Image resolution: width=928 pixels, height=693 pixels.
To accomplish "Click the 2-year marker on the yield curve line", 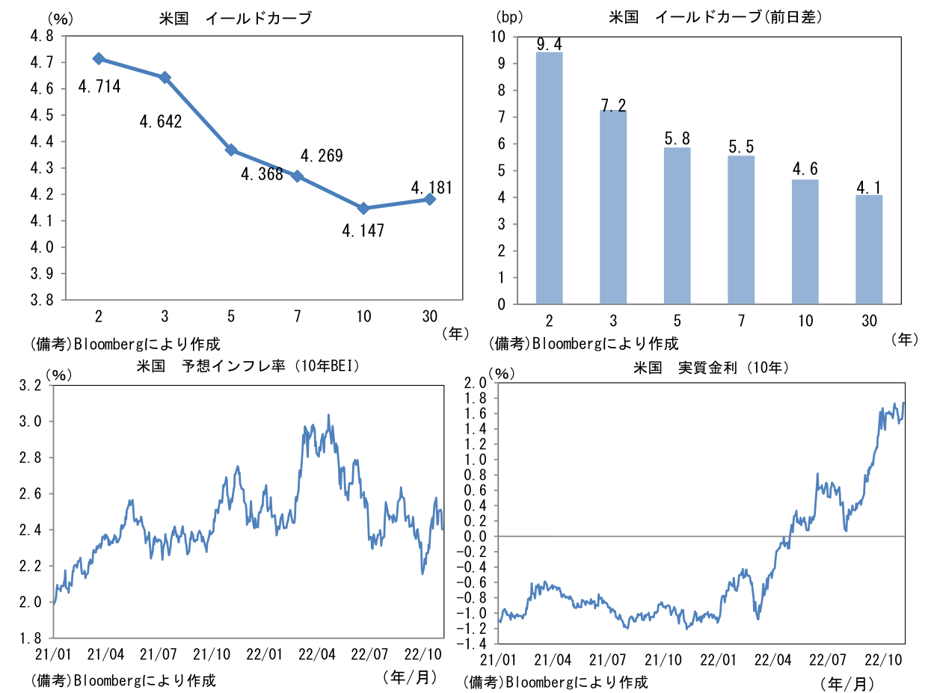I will (x=99, y=59).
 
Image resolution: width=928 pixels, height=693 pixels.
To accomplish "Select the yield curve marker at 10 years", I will (x=363, y=209).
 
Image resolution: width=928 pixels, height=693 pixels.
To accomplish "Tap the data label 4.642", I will (x=160, y=121).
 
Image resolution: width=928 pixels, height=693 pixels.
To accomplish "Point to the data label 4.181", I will (x=431, y=187).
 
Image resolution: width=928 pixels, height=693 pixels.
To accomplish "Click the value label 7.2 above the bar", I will (x=613, y=105).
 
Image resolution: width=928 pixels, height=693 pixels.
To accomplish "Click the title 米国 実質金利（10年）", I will (x=711, y=368).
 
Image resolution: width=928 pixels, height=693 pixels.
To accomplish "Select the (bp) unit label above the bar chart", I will (x=507, y=16).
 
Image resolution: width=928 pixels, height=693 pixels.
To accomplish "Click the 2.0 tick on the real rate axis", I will (x=476, y=383).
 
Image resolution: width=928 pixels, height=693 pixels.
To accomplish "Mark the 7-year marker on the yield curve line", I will (x=298, y=176).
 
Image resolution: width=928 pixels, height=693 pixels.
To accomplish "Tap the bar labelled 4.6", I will (x=805, y=241).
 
